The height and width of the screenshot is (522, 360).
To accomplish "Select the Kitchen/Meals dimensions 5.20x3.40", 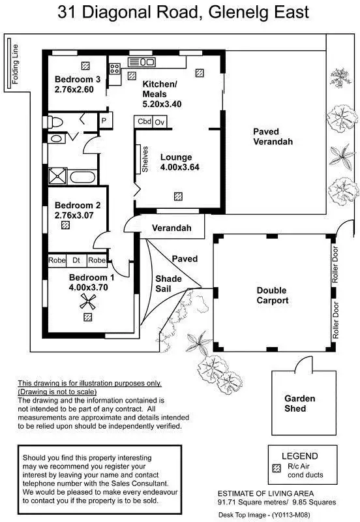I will pos(162,104).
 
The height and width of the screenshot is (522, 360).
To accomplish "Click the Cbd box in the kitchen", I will pos(143,122).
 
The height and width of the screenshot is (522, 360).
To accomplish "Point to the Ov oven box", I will pos(160,122).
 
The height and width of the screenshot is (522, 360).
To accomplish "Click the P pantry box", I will pos(103,121).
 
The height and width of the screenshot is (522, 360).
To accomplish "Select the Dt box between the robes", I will pos(76,260).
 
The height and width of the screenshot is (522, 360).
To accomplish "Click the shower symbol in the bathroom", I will pos(55,176).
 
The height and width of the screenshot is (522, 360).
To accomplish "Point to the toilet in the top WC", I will pos(55,121).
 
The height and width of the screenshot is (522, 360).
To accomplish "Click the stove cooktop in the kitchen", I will pos(115,67).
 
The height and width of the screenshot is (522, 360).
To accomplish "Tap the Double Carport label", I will pos(272,296).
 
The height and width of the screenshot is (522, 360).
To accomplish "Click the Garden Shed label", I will pos(299,403).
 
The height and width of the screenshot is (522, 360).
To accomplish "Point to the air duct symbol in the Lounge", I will pos(177,195).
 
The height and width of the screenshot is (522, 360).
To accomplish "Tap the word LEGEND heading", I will pos(299,455).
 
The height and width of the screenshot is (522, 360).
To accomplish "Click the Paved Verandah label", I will pos(273,136).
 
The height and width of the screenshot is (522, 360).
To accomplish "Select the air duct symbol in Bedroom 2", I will pos(65,225).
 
